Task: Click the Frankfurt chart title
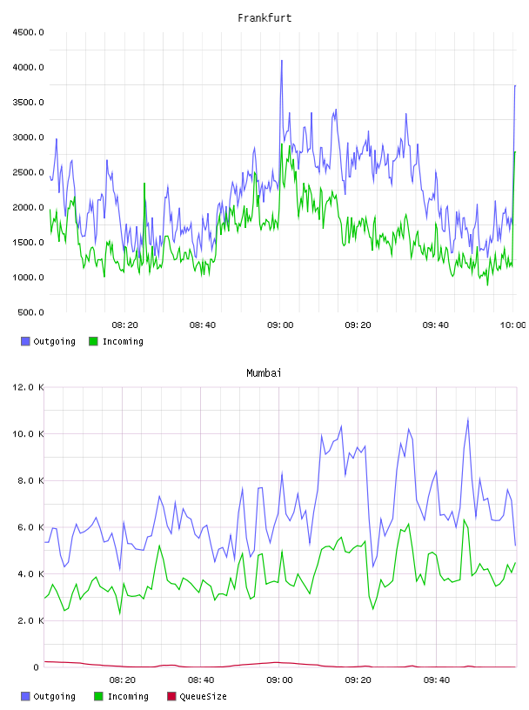click(x=264, y=18)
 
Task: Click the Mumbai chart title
click(x=264, y=373)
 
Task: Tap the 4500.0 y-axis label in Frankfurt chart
click(x=29, y=32)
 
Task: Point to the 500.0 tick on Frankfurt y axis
click(x=30, y=312)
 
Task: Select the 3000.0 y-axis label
click(x=29, y=137)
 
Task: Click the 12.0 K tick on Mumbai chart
click(x=29, y=387)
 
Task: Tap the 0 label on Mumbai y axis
click(x=37, y=667)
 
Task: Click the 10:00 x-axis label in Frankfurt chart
click(x=512, y=325)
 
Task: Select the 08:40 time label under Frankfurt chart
click(x=203, y=325)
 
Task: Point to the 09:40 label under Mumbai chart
click(x=437, y=680)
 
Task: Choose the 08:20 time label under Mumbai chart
click(x=123, y=680)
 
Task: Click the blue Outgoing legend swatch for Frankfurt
click(x=25, y=341)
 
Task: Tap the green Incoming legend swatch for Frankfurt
click(x=93, y=341)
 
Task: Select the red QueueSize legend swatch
click(x=171, y=696)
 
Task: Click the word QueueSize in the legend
click(x=203, y=696)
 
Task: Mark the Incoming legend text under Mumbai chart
click(x=128, y=696)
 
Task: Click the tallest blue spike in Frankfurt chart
click(x=282, y=61)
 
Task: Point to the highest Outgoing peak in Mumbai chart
click(x=468, y=419)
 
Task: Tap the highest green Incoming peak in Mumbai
click(x=464, y=519)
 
